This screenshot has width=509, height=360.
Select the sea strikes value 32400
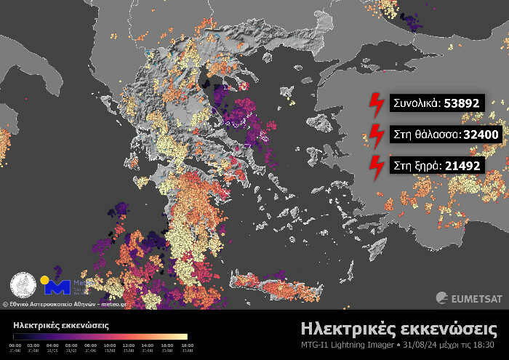tap(477, 135)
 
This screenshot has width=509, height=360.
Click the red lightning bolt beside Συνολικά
tap(377, 104)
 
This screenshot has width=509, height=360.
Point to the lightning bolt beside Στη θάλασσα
tap(377, 135)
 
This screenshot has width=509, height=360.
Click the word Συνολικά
tap(415, 103)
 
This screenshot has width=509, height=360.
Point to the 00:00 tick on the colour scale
tap(15, 346)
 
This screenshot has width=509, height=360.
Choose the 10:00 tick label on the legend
tap(110, 346)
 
